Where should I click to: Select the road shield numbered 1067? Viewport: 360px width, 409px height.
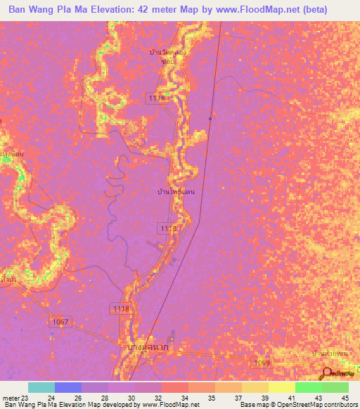pyautogui.click(x=61, y=321)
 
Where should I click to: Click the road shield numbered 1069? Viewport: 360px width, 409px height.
pyautogui.click(x=262, y=362)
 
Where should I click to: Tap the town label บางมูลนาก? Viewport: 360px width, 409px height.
pyautogui.click(x=149, y=347)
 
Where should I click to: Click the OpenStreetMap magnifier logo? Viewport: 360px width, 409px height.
pyautogui.click(x=326, y=372)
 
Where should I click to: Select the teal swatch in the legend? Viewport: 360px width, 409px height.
pyautogui.click(x=41, y=387)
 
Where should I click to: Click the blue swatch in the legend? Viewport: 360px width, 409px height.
pyautogui.click(x=68, y=387)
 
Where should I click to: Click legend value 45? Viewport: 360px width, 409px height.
pyautogui.click(x=345, y=397)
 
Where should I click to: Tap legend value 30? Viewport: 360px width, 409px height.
pyautogui.click(x=131, y=397)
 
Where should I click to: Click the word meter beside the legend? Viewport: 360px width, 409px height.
pyautogui.click(x=9, y=397)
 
